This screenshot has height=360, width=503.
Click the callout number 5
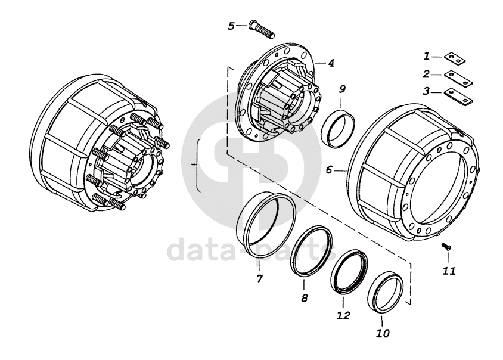pyautogui.click(x=232, y=26)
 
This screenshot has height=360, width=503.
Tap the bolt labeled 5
pyautogui.click(x=261, y=30)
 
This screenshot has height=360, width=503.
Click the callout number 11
pyautogui.click(x=449, y=271)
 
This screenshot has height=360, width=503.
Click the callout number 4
pyautogui.click(x=330, y=63)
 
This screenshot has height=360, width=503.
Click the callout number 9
pyautogui.click(x=342, y=89)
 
